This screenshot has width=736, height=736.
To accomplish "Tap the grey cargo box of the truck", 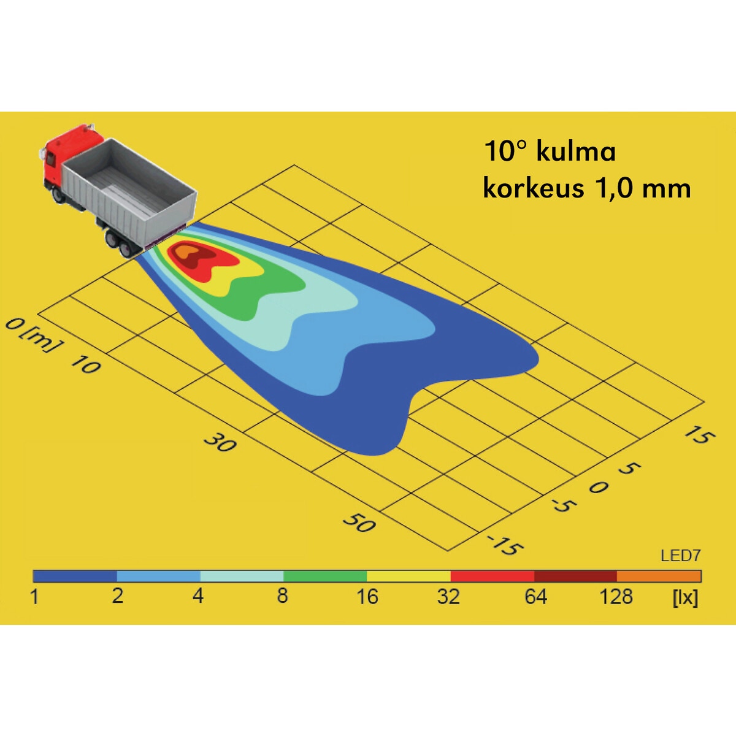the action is point(130,191).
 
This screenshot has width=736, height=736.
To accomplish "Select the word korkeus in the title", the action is point(533,188).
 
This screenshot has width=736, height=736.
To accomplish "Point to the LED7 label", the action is point(681,556).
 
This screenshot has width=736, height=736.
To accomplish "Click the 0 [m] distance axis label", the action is point(33,335).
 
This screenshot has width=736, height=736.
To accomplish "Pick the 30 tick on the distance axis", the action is point(220,442).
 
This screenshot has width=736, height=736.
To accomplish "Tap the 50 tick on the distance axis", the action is point(359,522).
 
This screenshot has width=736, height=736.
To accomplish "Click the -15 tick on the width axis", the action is point(505,545).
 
